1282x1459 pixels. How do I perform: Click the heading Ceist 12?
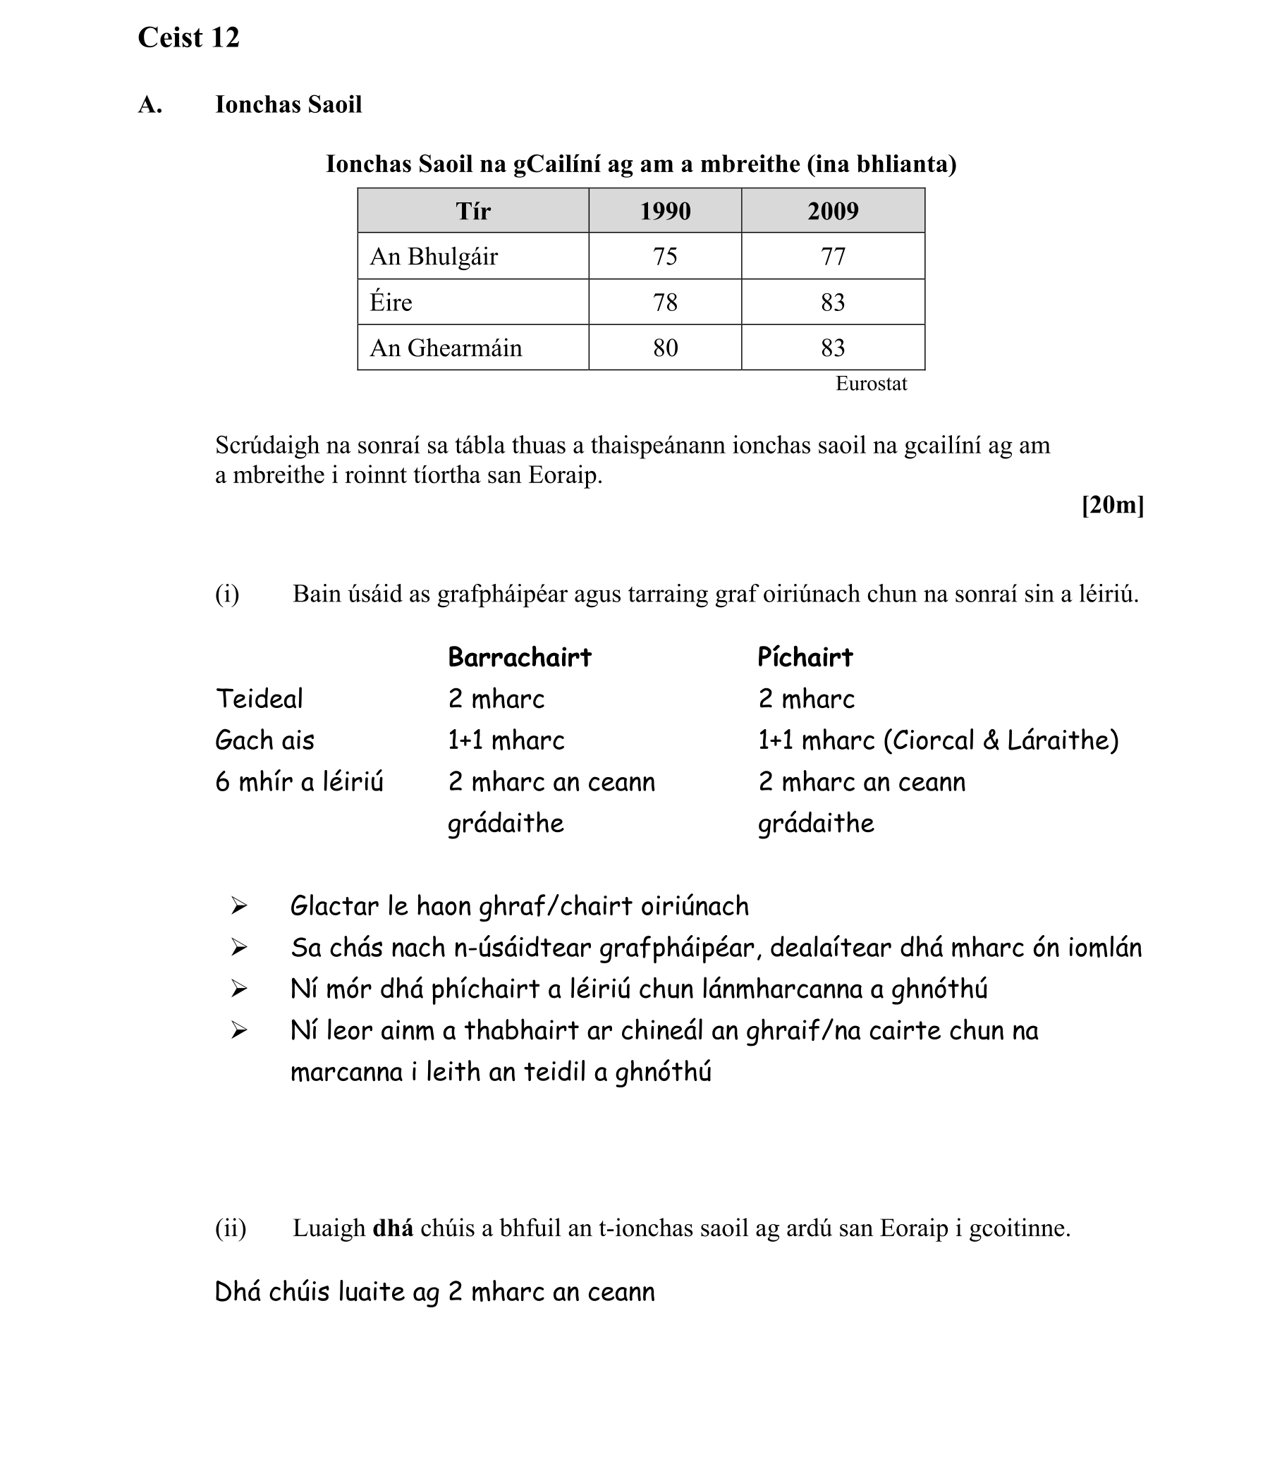[x=188, y=38]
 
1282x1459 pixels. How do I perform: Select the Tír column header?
[x=472, y=212]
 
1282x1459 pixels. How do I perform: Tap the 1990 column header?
[x=664, y=212]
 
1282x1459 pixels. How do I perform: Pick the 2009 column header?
[x=832, y=212]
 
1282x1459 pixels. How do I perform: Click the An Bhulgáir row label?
[x=433, y=256]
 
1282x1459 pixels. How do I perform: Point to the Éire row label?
[x=391, y=302]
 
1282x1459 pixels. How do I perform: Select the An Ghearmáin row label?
[x=446, y=348]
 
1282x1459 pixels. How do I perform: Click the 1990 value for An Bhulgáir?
[x=664, y=256]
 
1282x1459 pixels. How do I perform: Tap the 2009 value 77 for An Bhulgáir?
[x=832, y=256]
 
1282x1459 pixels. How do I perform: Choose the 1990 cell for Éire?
[x=664, y=302]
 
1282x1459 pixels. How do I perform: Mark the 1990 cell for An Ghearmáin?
[x=664, y=348]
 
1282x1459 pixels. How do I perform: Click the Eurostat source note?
[x=871, y=384]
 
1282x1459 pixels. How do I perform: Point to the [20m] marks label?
[x=1112, y=506]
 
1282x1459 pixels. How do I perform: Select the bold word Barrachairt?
[x=520, y=657]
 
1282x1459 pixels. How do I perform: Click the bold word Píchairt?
[x=805, y=657]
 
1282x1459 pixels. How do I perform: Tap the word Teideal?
[x=259, y=699]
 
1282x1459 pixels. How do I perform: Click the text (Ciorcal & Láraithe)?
[x=1001, y=740]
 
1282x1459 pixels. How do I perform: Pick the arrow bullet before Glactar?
[x=239, y=907]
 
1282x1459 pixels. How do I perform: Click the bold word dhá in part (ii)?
[x=393, y=1228]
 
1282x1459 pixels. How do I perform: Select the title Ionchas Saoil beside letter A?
[x=288, y=105]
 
